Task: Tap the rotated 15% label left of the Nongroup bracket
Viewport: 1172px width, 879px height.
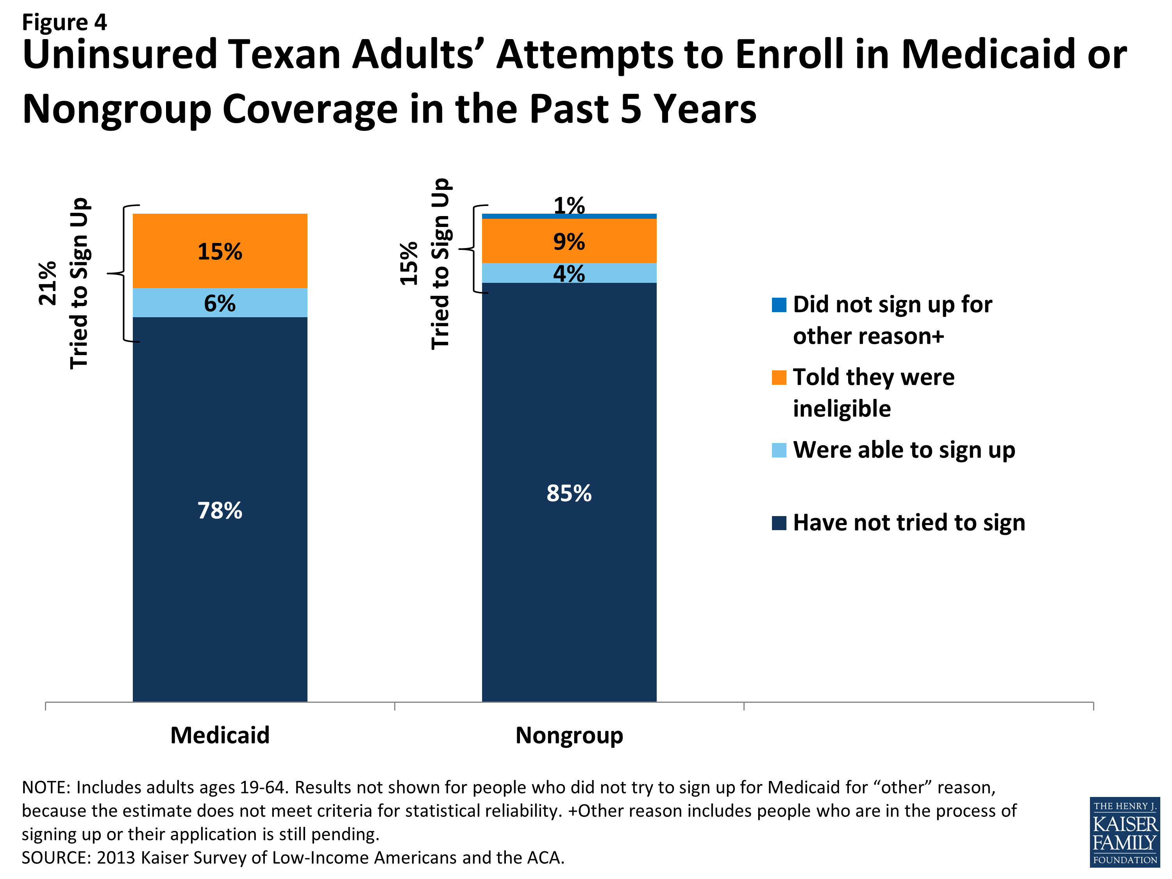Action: (409, 263)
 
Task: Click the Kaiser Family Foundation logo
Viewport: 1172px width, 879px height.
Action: (1124, 832)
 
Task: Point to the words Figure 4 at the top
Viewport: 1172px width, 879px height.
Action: (64, 22)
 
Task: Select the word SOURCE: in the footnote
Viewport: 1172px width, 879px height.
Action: (55, 857)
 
